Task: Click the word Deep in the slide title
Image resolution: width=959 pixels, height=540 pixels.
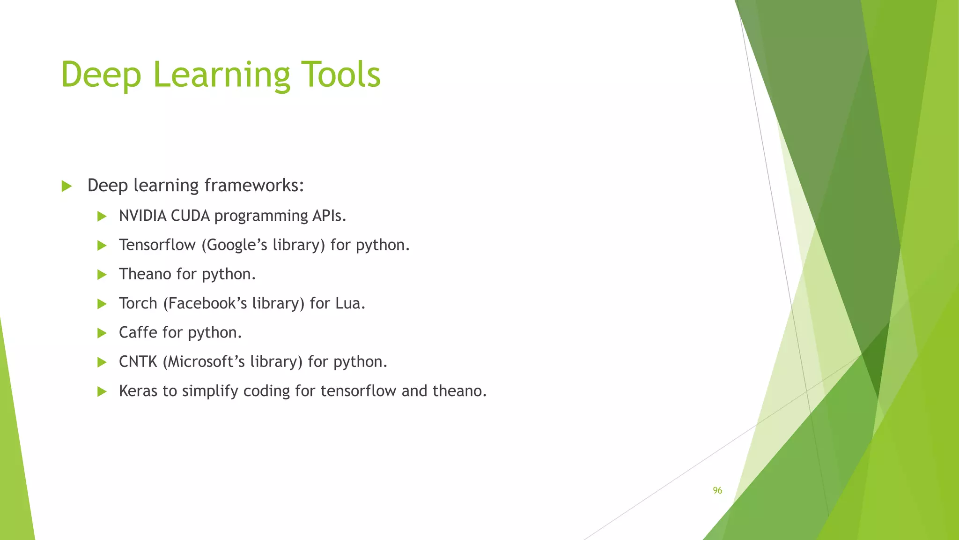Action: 101,75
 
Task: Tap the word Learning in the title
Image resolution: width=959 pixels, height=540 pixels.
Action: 221,75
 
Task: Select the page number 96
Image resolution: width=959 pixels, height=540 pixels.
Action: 717,490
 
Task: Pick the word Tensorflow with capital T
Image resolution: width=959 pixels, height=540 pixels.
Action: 157,245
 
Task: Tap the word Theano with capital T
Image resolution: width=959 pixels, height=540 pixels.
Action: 145,274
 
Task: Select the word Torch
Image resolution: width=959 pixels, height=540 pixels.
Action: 138,304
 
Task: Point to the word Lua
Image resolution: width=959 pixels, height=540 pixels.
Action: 350,304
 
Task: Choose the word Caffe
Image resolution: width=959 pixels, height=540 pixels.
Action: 138,333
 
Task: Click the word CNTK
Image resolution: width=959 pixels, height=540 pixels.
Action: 138,362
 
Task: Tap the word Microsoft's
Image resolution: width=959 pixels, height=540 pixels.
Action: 204,362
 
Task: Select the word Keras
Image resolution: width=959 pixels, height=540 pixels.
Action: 138,391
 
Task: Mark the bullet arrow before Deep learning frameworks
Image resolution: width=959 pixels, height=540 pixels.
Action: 66,187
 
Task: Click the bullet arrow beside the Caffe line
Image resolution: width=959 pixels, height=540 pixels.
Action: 102,333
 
